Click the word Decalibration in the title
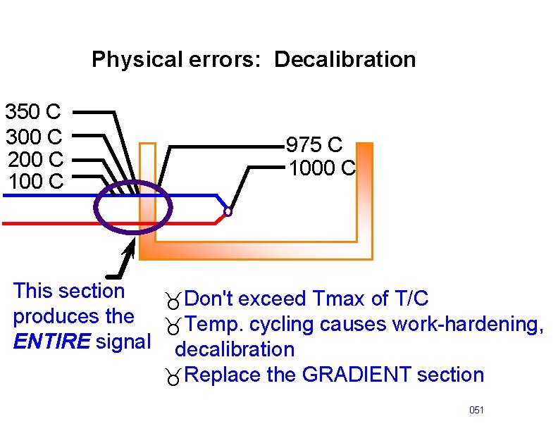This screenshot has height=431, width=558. (x=345, y=60)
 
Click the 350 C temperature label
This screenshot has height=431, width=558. (x=33, y=111)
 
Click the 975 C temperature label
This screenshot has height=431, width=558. (x=314, y=146)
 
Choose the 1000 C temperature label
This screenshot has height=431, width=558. (x=321, y=169)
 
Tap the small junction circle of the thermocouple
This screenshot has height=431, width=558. (x=228, y=211)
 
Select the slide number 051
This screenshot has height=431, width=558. (x=477, y=410)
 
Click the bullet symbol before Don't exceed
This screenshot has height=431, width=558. (x=173, y=301)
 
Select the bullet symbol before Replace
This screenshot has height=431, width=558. (x=173, y=376)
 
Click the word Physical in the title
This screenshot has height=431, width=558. (x=136, y=60)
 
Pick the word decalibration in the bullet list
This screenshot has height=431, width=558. (x=235, y=349)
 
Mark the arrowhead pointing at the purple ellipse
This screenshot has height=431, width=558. (x=130, y=249)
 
